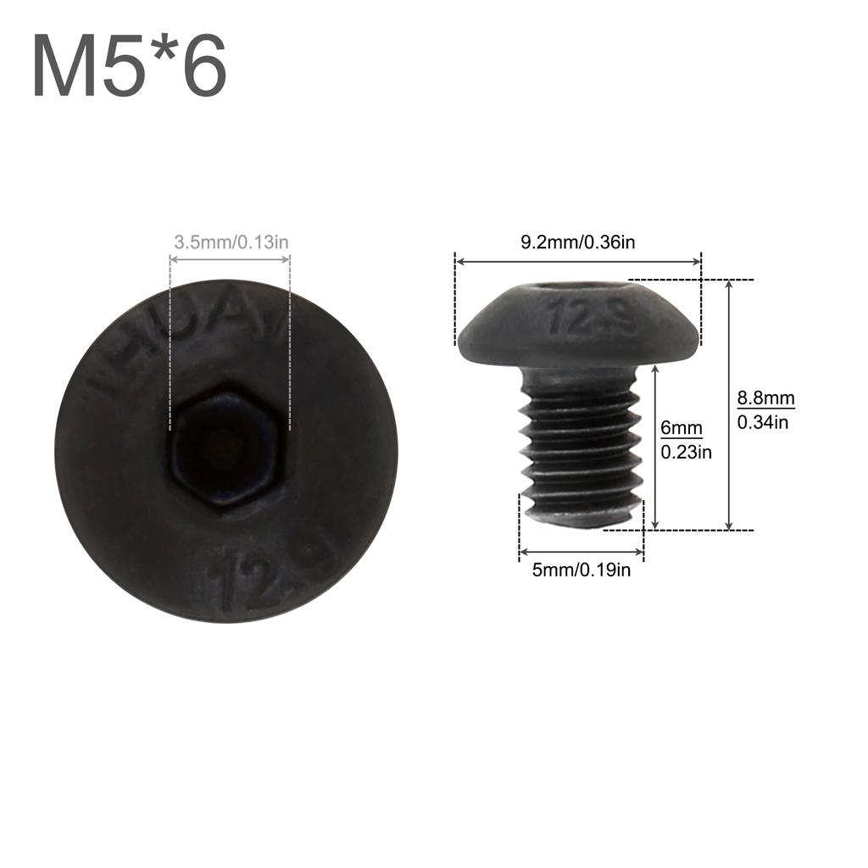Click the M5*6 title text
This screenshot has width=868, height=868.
click(x=130, y=67)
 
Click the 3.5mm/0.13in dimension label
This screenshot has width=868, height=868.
click(x=231, y=242)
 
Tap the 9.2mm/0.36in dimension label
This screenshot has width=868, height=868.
click(x=578, y=242)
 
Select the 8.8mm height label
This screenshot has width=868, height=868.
click(x=765, y=398)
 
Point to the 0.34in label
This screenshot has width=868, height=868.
click(x=763, y=421)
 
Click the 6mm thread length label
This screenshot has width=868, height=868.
click(x=682, y=429)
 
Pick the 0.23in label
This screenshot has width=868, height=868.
click(x=687, y=453)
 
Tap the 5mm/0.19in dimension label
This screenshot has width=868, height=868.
click(x=581, y=570)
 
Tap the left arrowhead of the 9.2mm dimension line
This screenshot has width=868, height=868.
click(x=459, y=262)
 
